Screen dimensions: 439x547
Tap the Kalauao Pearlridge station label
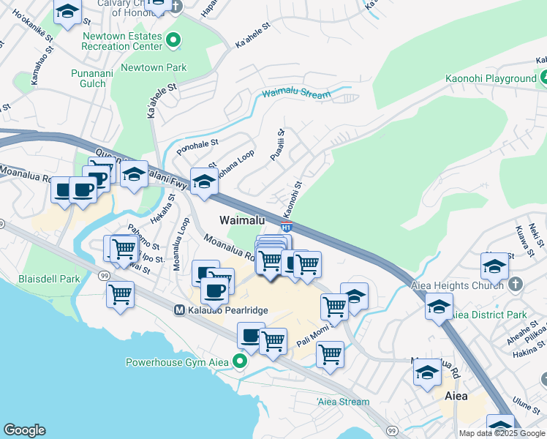226,310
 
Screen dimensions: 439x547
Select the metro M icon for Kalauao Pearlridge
178,310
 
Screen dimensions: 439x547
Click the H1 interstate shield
287,227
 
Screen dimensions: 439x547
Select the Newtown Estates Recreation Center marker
173,40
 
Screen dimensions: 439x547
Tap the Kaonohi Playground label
490,78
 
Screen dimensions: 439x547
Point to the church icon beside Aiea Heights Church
517,284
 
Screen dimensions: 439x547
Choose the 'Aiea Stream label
344,402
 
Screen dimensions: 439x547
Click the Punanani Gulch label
88,78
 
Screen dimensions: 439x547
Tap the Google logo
24,430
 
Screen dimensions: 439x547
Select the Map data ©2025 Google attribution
502,433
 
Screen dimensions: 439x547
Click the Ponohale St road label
197,146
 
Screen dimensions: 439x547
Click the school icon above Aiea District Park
439,306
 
